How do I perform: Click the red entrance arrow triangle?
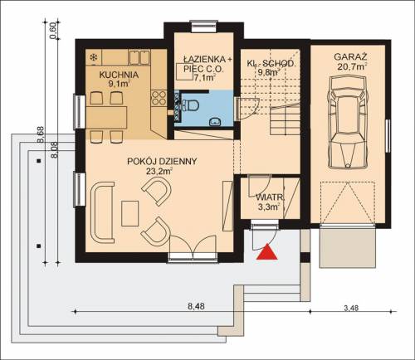point(266,252)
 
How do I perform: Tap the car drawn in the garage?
point(349,123)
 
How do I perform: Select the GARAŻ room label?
point(350,57)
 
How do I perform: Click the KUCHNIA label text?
point(119,75)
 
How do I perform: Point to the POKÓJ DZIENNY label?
point(162,161)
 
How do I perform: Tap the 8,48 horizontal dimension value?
point(196,306)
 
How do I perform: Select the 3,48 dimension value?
point(351,308)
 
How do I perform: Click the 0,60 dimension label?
point(54,31)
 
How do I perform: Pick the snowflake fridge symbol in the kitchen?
point(94,57)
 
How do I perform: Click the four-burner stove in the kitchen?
point(159,99)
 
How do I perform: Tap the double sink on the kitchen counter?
point(139,57)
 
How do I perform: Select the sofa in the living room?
point(102,212)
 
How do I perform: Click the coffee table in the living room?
point(129,214)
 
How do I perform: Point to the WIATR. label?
point(270,197)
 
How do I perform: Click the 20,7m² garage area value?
point(352,66)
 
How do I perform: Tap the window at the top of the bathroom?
point(204,27)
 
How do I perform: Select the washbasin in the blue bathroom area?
point(215,122)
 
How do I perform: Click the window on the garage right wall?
point(388,136)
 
